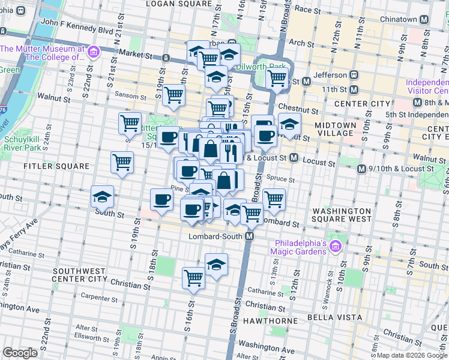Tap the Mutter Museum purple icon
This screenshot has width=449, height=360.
[93, 53]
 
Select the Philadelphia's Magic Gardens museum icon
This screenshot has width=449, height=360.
[334, 246]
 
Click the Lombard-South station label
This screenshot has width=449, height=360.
[215, 236]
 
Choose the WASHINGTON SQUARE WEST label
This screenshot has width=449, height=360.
[342, 215]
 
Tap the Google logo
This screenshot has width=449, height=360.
[20, 353]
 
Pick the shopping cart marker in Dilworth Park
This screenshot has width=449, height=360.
[277, 77]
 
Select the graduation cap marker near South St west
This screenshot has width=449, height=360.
[103, 196]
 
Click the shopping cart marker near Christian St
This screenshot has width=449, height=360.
[193, 278]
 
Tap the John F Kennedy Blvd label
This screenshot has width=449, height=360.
[77, 30]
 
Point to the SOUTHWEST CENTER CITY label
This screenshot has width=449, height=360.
[80, 274]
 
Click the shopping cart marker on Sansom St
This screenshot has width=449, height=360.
[173, 94]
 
